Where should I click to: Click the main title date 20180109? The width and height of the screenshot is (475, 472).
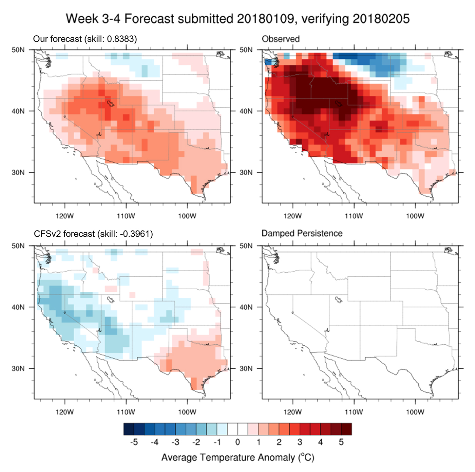(265, 19)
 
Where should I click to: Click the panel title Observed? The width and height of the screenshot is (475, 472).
(281, 39)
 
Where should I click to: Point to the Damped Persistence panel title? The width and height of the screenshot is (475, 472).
(302, 233)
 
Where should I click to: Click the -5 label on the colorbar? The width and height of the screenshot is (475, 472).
(134, 442)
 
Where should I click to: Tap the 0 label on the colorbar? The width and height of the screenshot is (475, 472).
(237, 442)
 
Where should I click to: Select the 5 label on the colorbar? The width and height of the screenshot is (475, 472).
(341, 442)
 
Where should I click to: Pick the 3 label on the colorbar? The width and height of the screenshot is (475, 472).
(300, 442)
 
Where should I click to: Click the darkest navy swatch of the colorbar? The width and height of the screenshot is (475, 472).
(129, 429)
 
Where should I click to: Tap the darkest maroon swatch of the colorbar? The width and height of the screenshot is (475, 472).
(346, 429)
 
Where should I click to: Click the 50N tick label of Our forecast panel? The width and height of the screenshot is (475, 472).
(18, 50)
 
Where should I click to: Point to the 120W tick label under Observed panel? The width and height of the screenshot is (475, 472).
(292, 216)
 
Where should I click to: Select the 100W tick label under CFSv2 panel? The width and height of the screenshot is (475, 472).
(187, 412)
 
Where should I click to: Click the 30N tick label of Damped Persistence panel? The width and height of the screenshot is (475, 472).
(246, 368)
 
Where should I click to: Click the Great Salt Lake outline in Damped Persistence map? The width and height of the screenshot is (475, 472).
(339, 299)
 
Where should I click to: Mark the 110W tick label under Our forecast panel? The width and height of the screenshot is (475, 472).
(126, 216)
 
